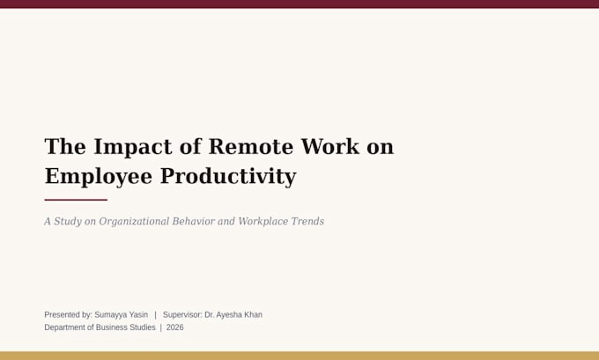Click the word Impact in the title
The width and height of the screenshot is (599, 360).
(133, 147)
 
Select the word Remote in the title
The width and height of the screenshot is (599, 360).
(251, 146)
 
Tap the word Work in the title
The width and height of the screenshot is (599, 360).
(330, 146)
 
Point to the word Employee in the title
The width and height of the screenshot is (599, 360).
(99, 177)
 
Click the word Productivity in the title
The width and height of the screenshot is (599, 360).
(228, 177)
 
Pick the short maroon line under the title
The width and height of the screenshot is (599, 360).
(76, 200)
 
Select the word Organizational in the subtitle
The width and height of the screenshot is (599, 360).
(134, 222)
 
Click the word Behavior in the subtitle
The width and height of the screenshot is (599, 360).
(193, 221)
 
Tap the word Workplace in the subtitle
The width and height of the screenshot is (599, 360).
(263, 222)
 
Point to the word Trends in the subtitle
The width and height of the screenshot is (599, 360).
(307, 221)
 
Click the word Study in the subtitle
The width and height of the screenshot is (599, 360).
(68, 222)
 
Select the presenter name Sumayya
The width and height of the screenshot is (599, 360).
(110, 315)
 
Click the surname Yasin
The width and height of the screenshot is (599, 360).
(138, 315)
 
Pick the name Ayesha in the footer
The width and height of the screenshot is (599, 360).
(229, 315)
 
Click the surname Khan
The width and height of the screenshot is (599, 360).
(254, 314)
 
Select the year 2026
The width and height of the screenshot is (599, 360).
(175, 327)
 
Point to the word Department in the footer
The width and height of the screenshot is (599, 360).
(64, 327)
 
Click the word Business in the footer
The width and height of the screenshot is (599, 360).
(112, 327)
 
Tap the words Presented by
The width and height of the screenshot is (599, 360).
(68, 315)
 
